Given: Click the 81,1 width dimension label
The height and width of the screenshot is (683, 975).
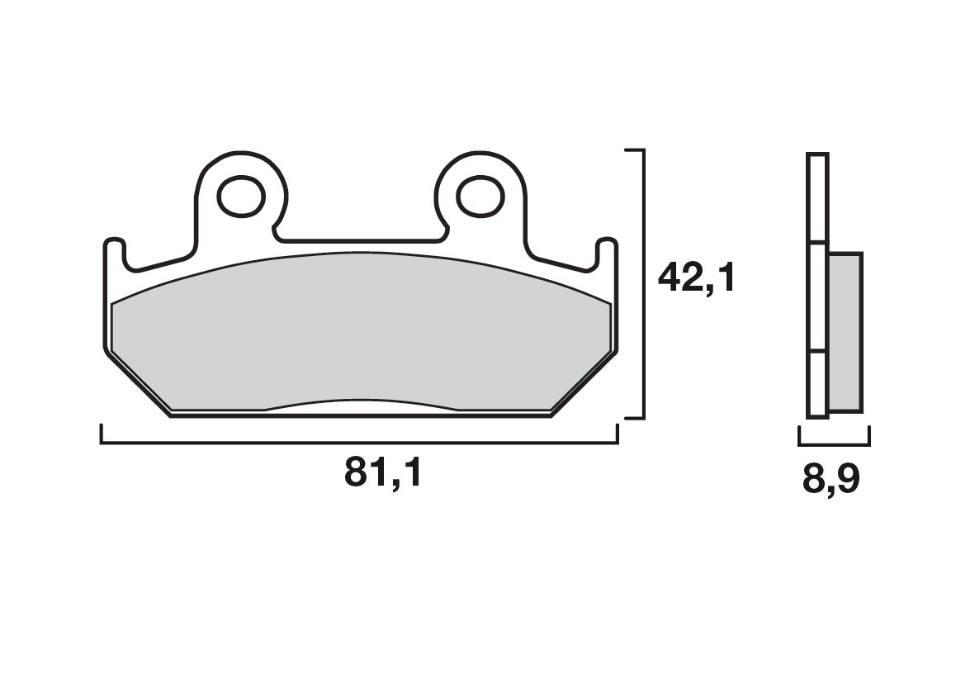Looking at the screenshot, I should (383, 473).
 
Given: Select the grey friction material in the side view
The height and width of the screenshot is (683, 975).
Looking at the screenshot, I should (844, 332).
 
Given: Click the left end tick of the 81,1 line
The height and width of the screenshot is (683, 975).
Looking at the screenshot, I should (101, 435).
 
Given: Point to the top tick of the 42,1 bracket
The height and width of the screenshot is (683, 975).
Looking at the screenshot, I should (633, 150).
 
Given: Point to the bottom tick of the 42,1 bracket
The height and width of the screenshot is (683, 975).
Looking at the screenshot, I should (633, 418).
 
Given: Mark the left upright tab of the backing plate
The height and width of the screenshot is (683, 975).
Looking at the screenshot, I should (114, 255).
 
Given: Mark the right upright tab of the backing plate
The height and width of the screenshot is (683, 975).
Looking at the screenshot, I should (606, 255).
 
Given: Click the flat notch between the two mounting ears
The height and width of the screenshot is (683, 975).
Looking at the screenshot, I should (360, 240).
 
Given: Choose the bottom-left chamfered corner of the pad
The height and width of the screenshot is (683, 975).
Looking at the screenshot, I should (137, 382).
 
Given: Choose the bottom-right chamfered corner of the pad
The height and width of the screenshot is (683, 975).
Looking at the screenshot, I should (583, 382).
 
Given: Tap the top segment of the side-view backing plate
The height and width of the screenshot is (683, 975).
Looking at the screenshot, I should (816, 198).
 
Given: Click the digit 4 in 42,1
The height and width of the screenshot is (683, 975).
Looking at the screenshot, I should (669, 278).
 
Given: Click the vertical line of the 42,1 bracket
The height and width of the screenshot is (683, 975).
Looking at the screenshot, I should (642, 284).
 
